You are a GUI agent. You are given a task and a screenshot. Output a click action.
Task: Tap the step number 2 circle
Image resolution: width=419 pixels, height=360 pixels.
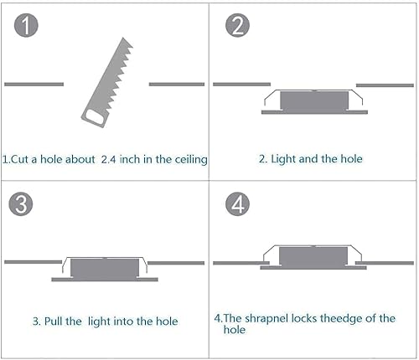pyautogui.click(x=238, y=26)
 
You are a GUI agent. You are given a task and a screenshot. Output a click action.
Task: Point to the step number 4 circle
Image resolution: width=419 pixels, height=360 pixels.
pyautogui.click(x=238, y=205)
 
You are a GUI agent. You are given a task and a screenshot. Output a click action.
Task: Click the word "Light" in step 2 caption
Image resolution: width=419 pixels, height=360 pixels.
pyautogui.click(x=285, y=158)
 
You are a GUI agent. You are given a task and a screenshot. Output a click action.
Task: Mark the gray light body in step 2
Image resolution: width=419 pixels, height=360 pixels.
pyautogui.click(x=312, y=102)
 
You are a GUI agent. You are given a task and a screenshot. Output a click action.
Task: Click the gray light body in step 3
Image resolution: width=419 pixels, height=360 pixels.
pyautogui.click(x=101, y=268)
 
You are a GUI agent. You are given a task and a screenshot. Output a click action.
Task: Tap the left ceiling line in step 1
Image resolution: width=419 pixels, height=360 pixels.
pyautogui.click(x=34, y=84)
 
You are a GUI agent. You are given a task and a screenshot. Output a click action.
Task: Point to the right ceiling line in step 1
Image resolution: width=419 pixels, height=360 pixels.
pyautogui.click(x=178, y=84)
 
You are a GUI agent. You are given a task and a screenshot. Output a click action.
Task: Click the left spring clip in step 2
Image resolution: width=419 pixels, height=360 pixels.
pyautogui.click(x=270, y=100)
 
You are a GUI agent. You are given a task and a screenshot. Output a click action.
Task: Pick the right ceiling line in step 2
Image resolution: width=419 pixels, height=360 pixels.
pyautogui.click(x=385, y=85)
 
